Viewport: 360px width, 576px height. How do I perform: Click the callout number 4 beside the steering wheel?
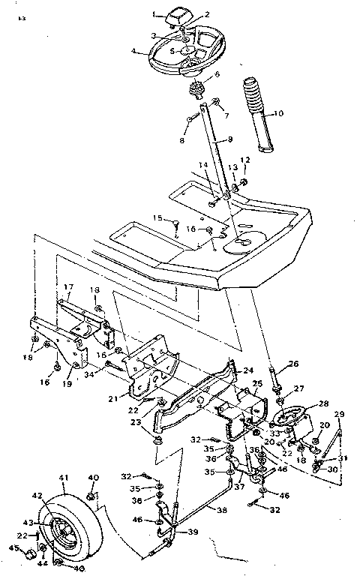(133, 52)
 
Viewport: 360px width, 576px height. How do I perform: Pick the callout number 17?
(67, 286)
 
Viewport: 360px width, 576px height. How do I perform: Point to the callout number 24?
(249, 370)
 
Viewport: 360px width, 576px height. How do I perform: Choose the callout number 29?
(338, 415)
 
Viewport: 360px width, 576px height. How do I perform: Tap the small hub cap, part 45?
(27, 554)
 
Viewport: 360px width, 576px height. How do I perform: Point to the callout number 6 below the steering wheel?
(217, 75)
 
